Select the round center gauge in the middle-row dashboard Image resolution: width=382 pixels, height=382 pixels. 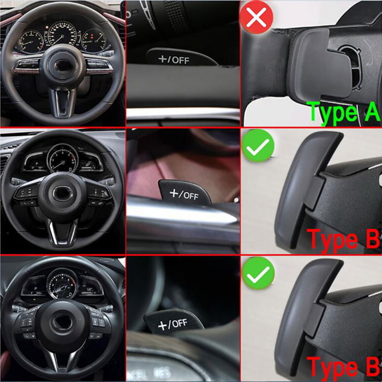[x=63, y=159]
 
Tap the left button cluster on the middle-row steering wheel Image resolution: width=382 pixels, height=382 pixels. [x=26, y=193]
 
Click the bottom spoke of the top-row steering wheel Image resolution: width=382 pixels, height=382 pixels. [x=64, y=101]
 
